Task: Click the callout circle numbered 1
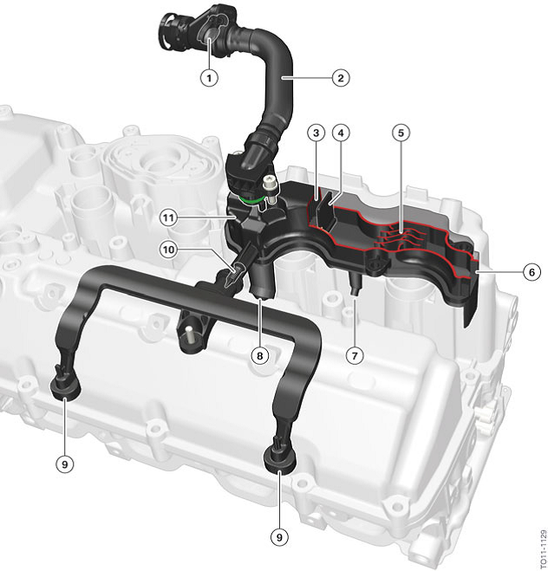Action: coord(207,77)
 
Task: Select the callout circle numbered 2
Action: coord(341,78)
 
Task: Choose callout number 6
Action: coord(532,272)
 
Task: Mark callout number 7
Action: coord(353,354)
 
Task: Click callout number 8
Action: coord(259,354)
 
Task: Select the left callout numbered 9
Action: coord(62,464)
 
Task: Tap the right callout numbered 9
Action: coord(278,536)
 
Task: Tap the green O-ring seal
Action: coord(246,202)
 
